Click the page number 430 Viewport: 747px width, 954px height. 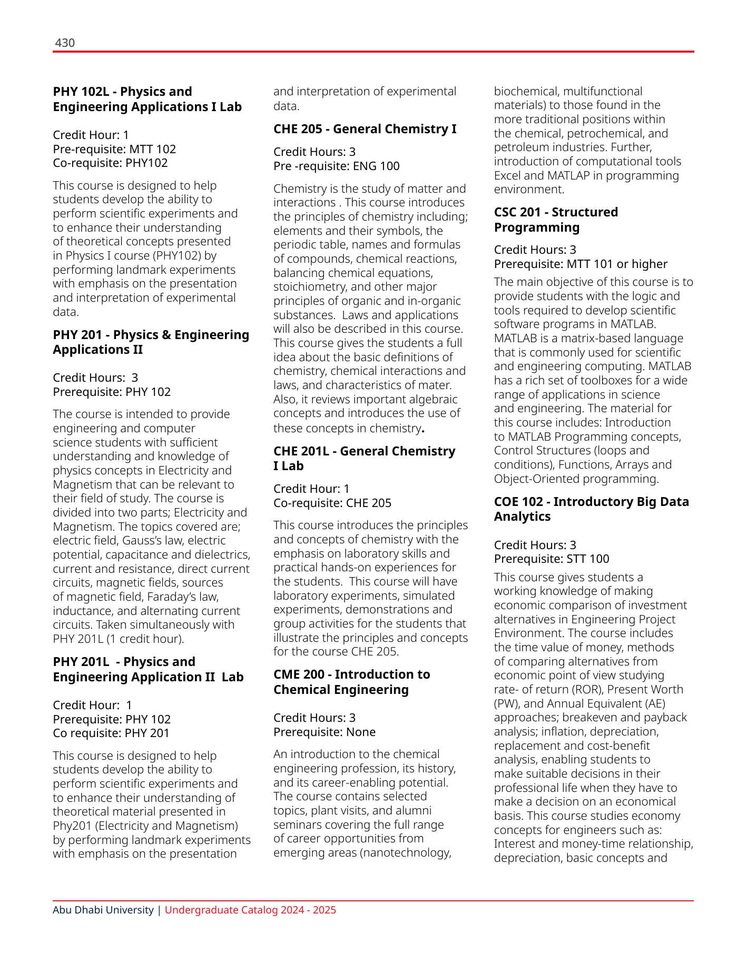65,43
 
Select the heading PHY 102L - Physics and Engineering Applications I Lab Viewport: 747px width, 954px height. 147,99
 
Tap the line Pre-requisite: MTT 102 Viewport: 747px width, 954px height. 114,149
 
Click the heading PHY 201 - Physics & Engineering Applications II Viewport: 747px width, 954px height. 151,342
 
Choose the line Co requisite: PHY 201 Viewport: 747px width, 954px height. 111,733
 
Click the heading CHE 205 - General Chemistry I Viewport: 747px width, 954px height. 365,129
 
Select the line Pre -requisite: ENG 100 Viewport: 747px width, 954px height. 336,166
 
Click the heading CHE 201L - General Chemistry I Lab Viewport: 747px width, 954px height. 364,458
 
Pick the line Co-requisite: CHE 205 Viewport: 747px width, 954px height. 332,503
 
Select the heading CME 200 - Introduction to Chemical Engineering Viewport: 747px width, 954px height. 351,682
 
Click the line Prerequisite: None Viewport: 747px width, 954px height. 324,732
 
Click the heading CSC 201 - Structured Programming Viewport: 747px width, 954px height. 556,220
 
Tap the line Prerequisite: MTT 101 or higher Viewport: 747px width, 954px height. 580,264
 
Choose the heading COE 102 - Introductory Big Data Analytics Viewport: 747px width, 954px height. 591,509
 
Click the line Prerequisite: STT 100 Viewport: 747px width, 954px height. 551,559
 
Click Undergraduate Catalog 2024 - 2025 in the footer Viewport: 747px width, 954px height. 250,910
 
